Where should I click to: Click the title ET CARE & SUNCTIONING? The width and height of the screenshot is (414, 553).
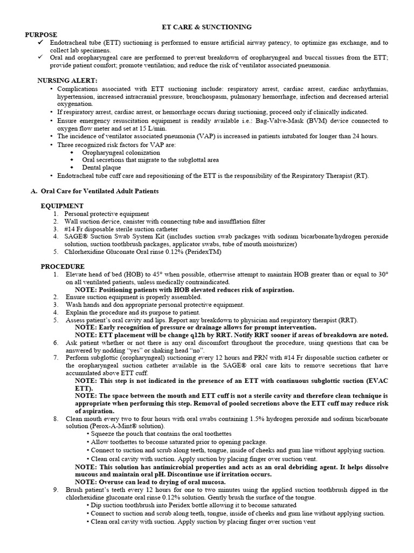click(208, 26)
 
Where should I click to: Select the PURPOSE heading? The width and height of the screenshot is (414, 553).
click(42, 34)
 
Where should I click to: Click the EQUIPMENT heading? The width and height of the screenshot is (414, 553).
click(62, 206)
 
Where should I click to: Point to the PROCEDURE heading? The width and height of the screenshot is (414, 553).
click(63, 267)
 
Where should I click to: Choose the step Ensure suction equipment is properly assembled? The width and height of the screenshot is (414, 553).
click(134, 297)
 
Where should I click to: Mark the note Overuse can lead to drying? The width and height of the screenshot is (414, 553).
click(149, 481)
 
